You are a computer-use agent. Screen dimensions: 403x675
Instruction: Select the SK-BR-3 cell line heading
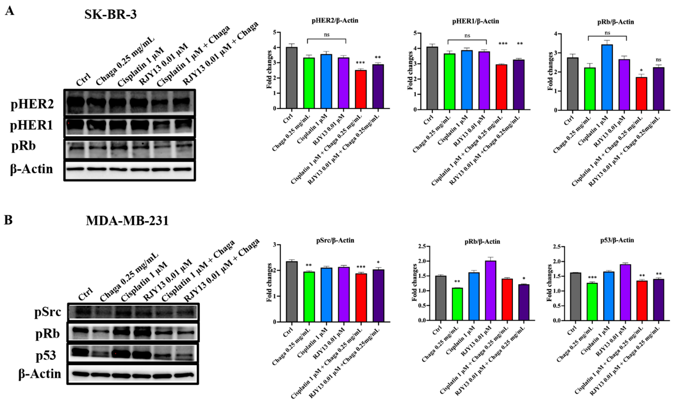coord(110,14)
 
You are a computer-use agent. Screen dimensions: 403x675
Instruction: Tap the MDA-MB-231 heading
coord(127,221)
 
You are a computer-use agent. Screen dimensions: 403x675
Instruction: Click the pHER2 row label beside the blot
coord(32,105)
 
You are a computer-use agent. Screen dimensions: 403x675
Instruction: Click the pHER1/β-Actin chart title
coord(476,21)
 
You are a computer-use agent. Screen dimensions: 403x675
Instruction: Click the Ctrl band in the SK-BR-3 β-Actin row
coord(75,169)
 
